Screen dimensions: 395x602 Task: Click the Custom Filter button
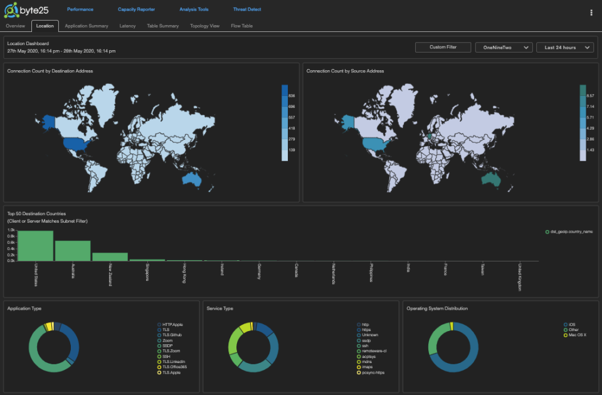pos(443,47)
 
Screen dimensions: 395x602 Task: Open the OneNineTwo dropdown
pos(504,47)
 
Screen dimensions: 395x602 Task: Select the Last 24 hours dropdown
pos(565,47)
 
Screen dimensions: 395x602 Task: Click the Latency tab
pos(127,26)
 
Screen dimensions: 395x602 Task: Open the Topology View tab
pos(204,26)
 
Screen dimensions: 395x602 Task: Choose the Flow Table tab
pos(241,26)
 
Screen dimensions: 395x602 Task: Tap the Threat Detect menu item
pos(246,9)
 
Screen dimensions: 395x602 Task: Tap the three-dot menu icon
pos(591,12)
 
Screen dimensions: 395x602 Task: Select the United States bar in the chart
pos(35,246)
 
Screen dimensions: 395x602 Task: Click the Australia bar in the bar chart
pos(73,251)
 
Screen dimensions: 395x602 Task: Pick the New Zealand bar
pos(110,256)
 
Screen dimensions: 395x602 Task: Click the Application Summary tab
pos(87,26)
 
